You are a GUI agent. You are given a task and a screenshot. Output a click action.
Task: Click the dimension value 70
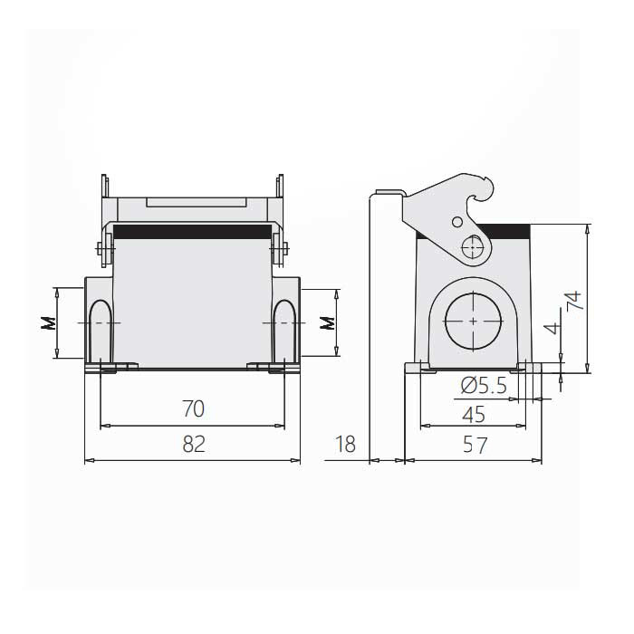coord(193,408)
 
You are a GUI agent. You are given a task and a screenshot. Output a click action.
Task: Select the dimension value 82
coord(194,444)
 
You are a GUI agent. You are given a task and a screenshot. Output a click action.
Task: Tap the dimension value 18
coord(345,444)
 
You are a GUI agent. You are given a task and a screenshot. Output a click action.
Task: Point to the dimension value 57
coord(475,445)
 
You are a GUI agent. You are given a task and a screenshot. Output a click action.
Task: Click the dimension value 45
coord(474,415)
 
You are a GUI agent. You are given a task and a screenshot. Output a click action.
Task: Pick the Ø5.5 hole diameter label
coord(484,385)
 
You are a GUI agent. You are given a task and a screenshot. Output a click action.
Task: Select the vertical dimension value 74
coord(574,301)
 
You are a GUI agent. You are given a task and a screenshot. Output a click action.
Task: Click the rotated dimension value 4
coord(552,328)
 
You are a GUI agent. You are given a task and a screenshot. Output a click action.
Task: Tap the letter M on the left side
coord(49,323)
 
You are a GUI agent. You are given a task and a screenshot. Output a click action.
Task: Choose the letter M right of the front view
coord(328,323)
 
